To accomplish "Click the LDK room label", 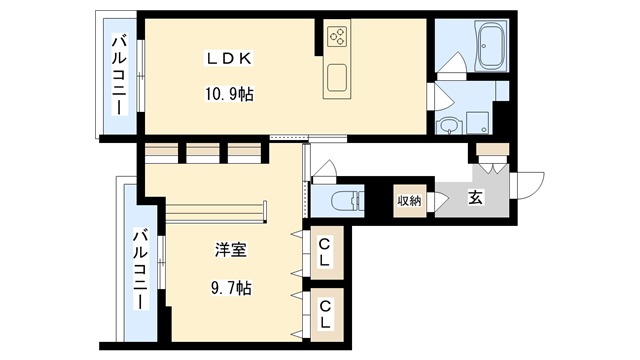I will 229,58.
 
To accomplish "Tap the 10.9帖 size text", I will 229,95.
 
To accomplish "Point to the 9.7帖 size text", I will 230,288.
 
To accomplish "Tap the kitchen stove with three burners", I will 337,38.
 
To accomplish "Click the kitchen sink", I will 337,78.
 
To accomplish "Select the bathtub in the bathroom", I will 491,46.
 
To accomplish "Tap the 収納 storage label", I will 409,200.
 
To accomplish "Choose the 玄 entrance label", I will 475,199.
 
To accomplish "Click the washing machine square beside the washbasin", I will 479,123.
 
